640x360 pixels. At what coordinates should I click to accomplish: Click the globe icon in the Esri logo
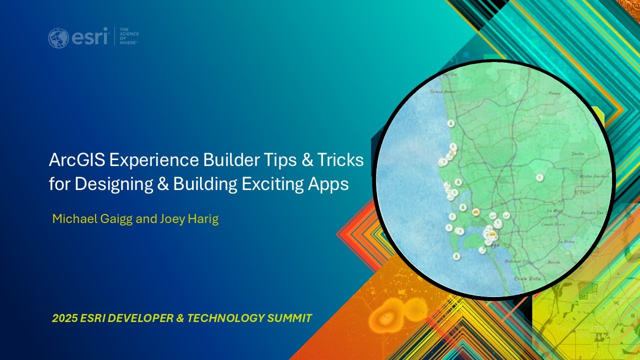tap(58, 38)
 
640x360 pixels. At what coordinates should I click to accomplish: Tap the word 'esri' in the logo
tap(88, 37)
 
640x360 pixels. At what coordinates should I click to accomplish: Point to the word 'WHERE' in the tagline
tap(128, 43)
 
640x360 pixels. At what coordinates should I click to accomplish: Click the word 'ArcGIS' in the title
tap(76, 160)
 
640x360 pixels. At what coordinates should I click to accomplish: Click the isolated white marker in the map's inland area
tap(539, 177)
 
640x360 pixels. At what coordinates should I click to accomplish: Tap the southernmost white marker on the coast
tap(456, 256)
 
